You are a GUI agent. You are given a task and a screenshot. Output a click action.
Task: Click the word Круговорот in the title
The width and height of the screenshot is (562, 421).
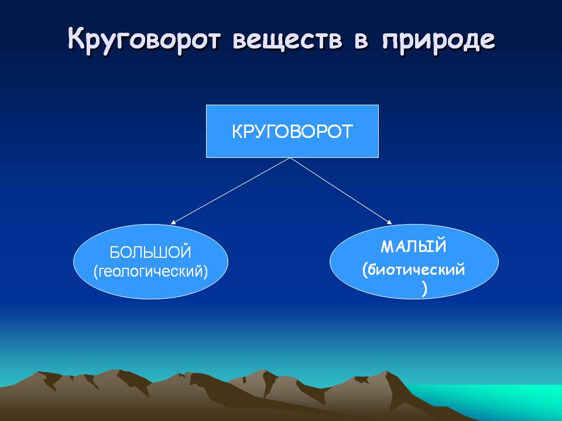pos(143,39)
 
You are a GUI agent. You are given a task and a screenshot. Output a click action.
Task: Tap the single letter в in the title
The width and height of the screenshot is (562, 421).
pos(361,40)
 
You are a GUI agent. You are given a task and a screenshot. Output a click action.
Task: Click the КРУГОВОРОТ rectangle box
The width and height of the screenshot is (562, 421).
pos(292,131)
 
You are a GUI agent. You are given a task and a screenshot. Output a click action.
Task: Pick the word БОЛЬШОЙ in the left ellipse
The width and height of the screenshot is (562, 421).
pos(150,253)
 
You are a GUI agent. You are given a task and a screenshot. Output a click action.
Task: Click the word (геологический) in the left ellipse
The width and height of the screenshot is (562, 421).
pos(150,272)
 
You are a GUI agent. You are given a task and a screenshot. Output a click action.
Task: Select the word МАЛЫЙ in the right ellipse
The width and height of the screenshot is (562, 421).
pos(414,246)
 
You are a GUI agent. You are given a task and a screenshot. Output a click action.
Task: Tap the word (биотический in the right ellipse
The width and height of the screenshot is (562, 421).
pos(413,270)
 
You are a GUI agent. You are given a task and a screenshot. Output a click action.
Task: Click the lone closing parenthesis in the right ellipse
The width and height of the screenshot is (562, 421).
pos(425,288)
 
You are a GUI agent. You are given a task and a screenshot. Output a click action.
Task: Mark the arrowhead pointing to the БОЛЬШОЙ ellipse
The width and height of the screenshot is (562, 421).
pos(173,223)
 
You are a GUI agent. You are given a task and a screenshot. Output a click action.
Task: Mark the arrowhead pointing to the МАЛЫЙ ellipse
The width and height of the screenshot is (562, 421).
pos(389,222)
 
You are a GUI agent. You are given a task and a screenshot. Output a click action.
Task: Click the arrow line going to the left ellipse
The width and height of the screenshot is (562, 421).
pos(231,191)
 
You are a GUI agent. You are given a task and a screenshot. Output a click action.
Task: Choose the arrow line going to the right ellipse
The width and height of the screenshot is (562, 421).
pos(341,191)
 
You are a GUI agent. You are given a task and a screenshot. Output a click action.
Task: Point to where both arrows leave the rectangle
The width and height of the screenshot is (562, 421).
pos(291,158)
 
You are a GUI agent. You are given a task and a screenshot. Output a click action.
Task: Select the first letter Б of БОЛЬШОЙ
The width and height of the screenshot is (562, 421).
pos(114,253)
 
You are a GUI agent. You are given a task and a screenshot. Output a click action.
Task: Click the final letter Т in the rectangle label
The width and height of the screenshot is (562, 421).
pos(346,132)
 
